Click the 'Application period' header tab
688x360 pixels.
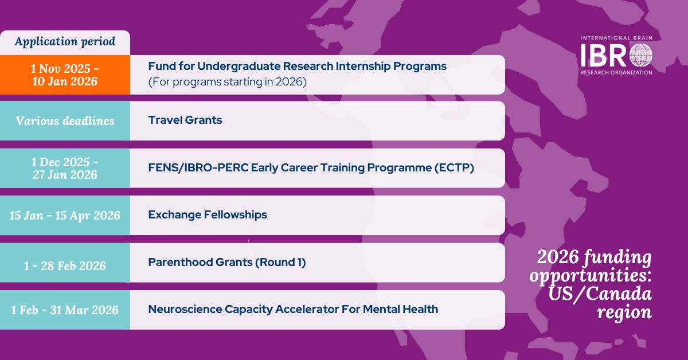tap(65, 42)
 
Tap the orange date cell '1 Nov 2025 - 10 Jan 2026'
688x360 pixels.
tap(65, 75)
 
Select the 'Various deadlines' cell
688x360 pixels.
tap(65, 121)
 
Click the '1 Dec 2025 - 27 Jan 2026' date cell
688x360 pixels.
tap(65, 168)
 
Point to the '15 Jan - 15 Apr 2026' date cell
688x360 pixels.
tap(65, 216)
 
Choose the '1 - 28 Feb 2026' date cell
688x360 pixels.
tap(65, 263)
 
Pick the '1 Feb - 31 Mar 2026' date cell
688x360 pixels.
tap(65, 310)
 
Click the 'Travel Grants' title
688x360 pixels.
tap(185, 120)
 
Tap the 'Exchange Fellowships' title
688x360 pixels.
tap(208, 215)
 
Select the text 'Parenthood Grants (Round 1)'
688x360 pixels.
tap(227, 263)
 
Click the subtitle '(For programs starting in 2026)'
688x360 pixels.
tap(227, 82)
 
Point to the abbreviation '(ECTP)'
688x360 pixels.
tap(454, 168)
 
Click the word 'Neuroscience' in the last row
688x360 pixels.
tap(185, 310)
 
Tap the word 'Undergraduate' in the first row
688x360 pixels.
tap(239, 66)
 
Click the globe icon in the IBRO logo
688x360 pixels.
tap(641, 55)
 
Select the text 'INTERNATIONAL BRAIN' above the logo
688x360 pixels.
tap(616, 38)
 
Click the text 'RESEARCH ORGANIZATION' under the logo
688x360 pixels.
tap(616, 72)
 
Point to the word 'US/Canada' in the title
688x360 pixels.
tap(600, 294)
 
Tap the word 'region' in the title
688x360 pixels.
tap(624, 312)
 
